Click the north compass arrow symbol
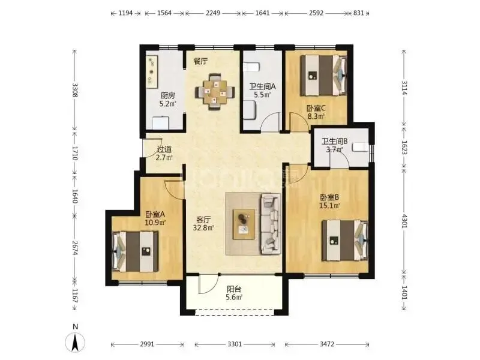75,342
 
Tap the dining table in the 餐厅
215,92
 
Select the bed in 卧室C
323,76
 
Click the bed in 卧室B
345,241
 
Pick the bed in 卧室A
135,251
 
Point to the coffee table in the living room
244,224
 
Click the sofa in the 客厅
271,224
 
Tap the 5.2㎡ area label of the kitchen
167,104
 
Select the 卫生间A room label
262,86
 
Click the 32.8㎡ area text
203,227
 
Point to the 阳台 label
234,289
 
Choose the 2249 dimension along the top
213,13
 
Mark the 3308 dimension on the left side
74,90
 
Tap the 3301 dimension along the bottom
235,344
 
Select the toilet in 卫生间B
360,148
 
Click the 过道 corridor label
164,149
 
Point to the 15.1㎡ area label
329,205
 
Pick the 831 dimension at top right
358,13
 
